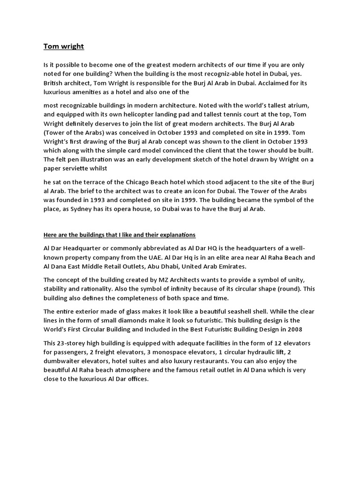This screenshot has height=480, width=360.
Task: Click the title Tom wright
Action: (x=64, y=46)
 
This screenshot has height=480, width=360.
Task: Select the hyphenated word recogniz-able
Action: (x=232, y=74)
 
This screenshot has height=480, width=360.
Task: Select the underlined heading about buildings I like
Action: (x=120, y=234)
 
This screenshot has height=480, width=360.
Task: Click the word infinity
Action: (x=170, y=289)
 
